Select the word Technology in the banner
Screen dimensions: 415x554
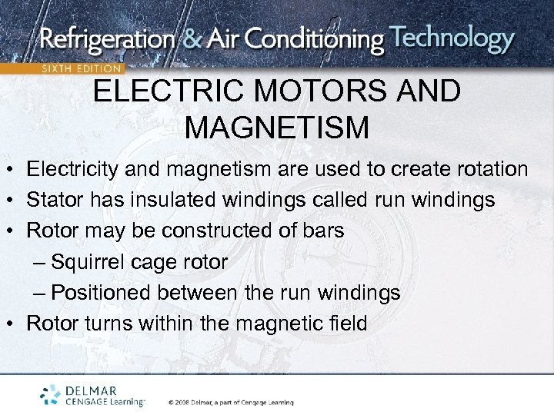point(452,38)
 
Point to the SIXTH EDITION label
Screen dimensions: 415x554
point(82,68)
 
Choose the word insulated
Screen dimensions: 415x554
point(168,200)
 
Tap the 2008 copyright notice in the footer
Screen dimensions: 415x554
point(231,402)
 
